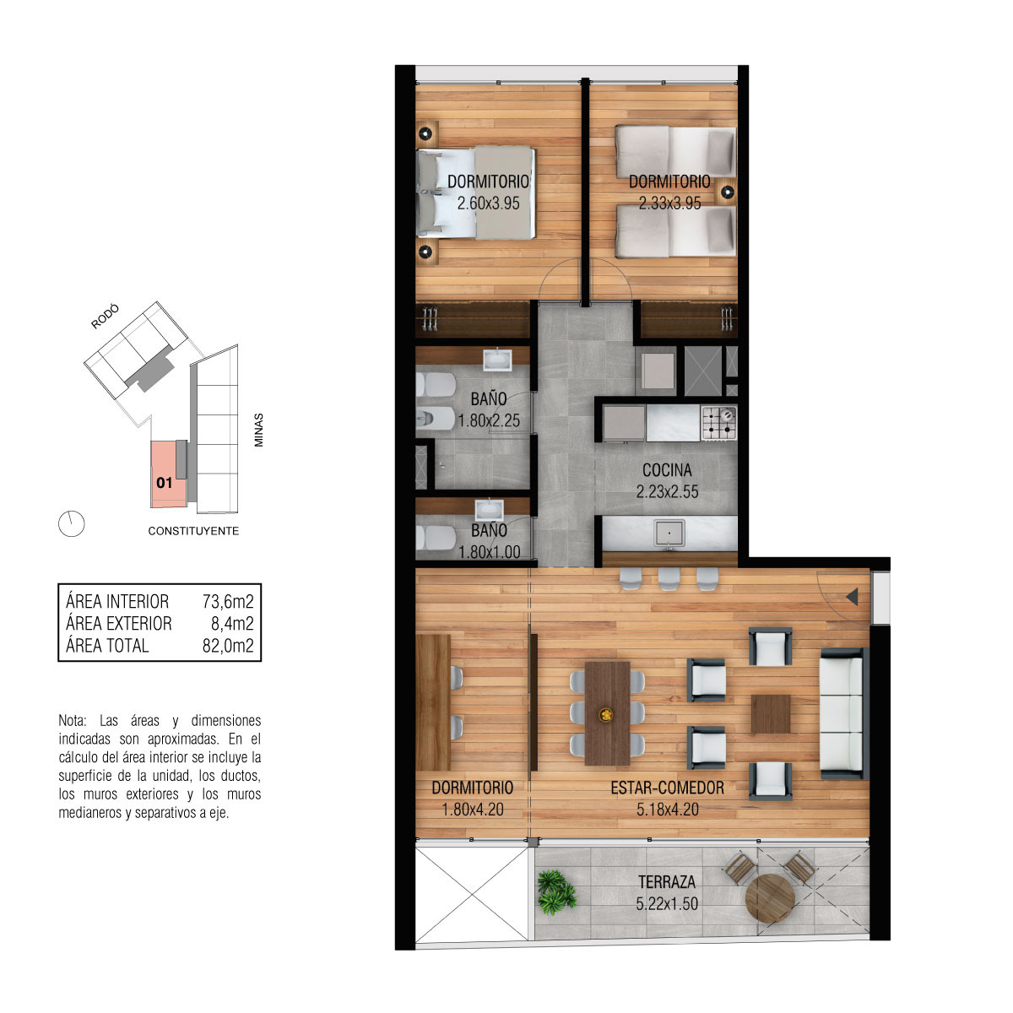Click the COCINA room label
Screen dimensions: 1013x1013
(667, 470)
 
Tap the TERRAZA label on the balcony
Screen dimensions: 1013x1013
(667, 881)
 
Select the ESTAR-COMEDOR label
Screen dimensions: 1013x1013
(667, 787)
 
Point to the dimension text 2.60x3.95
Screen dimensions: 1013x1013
(489, 203)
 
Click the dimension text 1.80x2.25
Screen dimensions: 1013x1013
(489, 420)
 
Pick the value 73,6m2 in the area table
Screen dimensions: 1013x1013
(228, 601)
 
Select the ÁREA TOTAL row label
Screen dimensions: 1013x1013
(107, 646)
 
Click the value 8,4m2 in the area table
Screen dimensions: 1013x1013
(232, 624)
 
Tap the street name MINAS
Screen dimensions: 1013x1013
(258, 430)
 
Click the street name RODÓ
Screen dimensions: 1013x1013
(106, 317)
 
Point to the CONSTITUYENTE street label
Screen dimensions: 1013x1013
(193, 531)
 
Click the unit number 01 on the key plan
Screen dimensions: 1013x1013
(164, 483)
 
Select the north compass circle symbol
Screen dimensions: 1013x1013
(72, 523)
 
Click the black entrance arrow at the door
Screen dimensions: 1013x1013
(852, 597)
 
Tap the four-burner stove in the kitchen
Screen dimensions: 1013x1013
(718, 423)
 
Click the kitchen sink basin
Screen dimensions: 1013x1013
(669, 534)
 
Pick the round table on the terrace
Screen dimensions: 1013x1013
(770, 898)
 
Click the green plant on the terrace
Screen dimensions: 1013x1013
(556, 892)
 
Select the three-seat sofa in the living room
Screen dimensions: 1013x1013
(842, 713)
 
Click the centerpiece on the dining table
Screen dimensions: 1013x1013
(607, 714)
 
